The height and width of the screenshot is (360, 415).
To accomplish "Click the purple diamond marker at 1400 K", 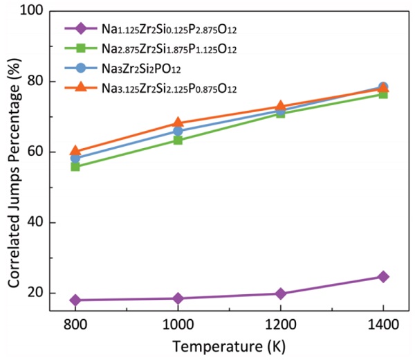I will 382,277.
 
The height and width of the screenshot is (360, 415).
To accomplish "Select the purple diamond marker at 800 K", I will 75,300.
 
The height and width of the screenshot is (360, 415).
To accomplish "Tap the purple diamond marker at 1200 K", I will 280,294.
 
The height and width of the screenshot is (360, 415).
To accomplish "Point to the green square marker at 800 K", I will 75,166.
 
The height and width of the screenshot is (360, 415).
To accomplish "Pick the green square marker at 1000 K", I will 178,140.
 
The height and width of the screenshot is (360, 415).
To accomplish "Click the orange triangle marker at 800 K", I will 75,151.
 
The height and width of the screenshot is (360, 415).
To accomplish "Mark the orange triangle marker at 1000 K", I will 178,123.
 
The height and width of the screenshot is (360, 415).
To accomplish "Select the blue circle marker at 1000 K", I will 178,131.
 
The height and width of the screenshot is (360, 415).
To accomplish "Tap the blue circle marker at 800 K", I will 75,159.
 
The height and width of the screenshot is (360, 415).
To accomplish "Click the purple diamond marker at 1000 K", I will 178,298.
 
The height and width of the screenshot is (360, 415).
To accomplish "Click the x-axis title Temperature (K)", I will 229,346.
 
